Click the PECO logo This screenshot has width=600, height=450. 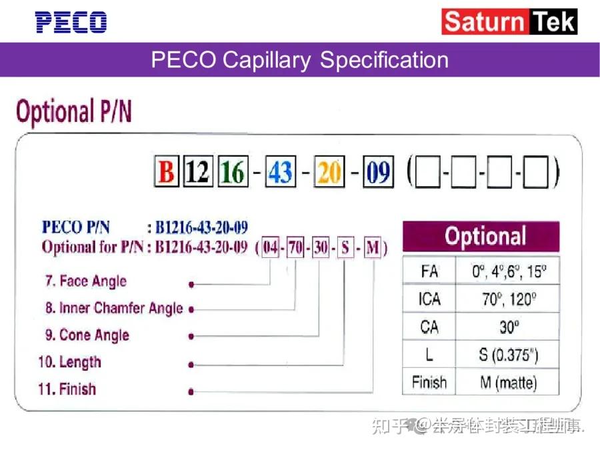point(71,22)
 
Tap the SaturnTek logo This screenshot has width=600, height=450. point(509,22)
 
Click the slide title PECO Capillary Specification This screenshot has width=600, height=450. point(299,60)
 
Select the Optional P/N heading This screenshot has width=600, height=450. point(73,112)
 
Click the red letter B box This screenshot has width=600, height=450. point(166,173)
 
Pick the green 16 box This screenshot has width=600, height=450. point(233,173)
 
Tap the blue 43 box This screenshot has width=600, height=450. point(280,173)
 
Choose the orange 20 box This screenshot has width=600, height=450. point(329,173)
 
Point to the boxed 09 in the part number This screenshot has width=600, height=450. point(378,173)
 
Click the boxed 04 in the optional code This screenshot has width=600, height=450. point(270,248)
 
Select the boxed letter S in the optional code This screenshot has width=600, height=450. point(345,248)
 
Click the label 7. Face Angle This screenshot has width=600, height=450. point(85,281)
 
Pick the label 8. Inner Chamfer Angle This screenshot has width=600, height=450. point(114,308)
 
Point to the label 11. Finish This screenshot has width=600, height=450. point(67,389)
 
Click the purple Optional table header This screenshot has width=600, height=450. point(481,237)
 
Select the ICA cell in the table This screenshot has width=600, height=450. point(429,299)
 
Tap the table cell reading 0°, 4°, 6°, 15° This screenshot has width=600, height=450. point(508,271)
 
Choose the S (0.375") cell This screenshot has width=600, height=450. point(508,355)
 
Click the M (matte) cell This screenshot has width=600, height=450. point(508,382)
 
